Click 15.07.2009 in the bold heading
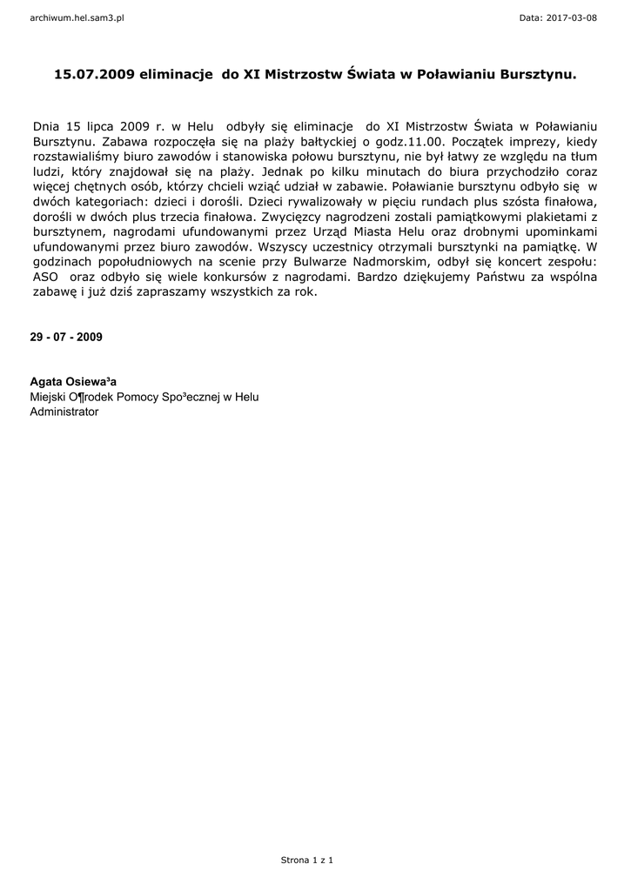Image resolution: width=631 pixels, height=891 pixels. [94, 76]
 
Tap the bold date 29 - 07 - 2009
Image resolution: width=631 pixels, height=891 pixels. [66, 336]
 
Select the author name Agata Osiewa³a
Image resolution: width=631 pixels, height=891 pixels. [73, 381]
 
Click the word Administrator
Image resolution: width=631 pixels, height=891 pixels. [64, 412]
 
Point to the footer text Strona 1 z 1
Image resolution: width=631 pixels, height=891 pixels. [306, 861]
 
